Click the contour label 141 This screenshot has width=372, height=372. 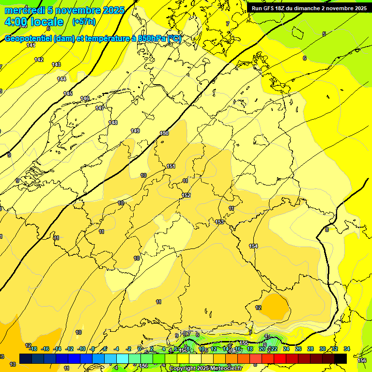pos(31,45)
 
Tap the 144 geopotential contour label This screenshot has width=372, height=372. pos(62,79)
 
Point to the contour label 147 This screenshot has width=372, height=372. pos(100,108)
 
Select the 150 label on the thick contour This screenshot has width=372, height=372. pos(164,133)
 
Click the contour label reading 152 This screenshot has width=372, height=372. pos(186,195)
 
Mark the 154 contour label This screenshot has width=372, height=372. pos(253,246)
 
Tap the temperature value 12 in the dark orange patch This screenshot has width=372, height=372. pos(259,308)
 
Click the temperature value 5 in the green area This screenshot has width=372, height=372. pos(324,34)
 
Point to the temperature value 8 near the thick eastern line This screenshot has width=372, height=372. pos(327,230)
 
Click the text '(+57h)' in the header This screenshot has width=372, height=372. pos(84,22)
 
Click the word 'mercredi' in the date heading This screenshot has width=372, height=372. pos(22,10)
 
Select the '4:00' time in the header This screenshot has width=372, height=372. pos(15,22)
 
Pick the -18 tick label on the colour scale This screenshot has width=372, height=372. pos(33,349)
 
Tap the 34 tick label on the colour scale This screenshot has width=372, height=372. pos(347,349)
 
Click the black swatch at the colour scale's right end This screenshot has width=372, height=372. pos(341,358)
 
